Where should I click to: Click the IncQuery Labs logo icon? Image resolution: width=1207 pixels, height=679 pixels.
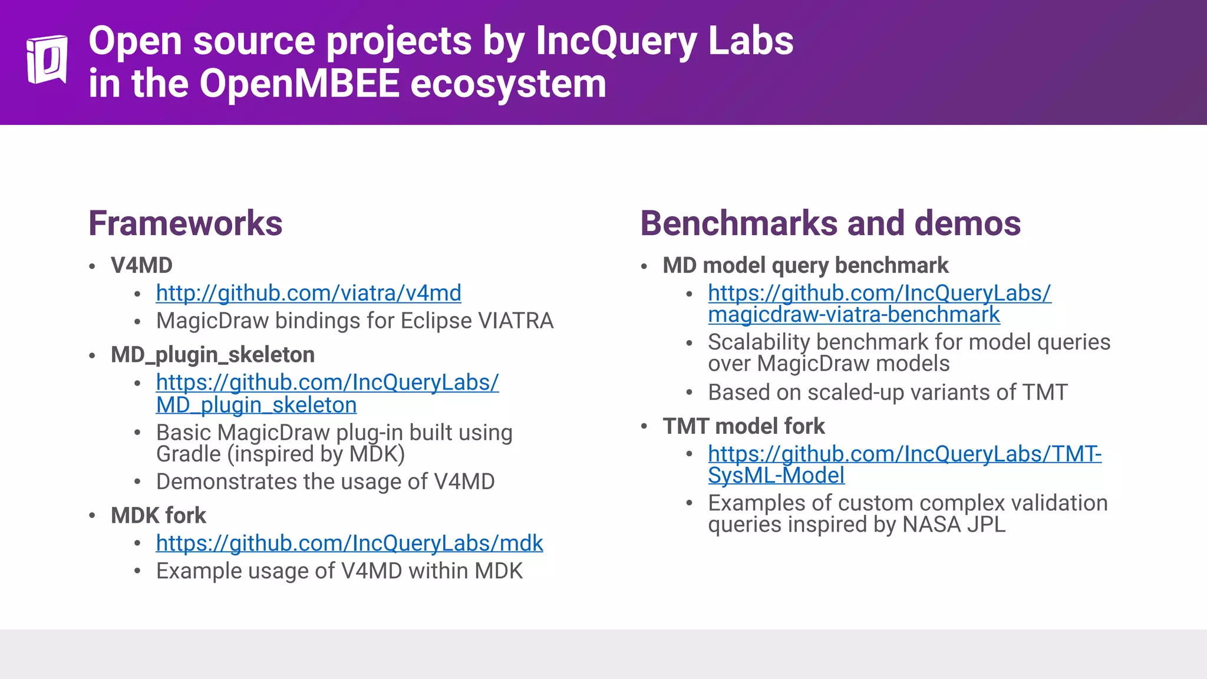pyautogui.click(x=47, y=60)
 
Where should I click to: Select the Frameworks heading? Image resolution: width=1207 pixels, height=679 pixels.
pyautogui.click(x=185, y=223)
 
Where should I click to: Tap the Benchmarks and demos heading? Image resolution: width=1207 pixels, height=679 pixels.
pyautogui.click(x=830, y=223)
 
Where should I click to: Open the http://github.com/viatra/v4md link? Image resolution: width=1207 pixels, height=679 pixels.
pyautogui.click(x=308, y=293)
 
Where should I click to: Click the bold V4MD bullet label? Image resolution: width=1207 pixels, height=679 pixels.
pyautogui.click(x=141, y=265)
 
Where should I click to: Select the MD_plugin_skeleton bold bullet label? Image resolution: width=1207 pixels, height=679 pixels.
pyautogui.click(x=212, y=355)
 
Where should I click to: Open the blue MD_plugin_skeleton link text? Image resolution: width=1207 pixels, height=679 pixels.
pyautogui.click(x=256, y=405)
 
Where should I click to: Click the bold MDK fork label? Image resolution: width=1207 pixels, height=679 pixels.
pyautogui.click(x=158, y=516)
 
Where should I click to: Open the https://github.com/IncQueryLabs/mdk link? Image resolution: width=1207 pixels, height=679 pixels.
pyautogui.click(x=349, y=543)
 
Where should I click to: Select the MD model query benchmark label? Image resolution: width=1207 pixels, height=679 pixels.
pyautogui.click(x=805, y=265)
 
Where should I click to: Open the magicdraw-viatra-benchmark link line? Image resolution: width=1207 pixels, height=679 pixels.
pyautogui.click(x=853, y=315)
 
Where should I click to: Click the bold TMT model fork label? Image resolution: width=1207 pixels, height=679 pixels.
pyautogui.click(x=743, y=426)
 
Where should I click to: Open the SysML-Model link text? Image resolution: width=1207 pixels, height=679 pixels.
pyautogui.click(x=776, y=476)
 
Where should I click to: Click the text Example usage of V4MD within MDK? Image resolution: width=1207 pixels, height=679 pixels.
pyautogui.click(x=339, y=571)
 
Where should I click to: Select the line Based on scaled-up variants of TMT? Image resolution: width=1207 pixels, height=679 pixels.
pyautogui.click(x=887, y=393)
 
